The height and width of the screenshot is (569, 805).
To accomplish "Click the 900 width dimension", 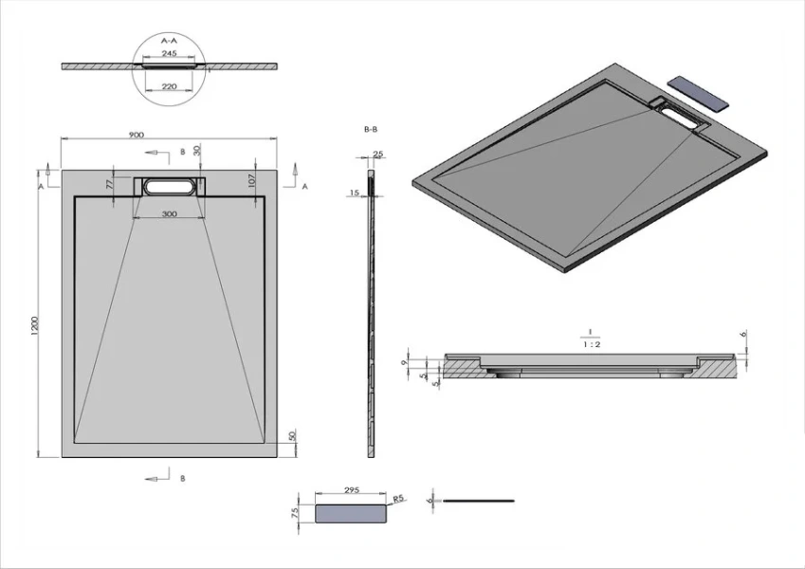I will [x=136, y=135].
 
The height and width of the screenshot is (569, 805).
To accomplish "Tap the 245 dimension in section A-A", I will [x=171, y=53].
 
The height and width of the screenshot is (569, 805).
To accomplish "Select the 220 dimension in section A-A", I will [x=171, y=85].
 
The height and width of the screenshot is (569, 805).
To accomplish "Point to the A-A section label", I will [x=170, y=41].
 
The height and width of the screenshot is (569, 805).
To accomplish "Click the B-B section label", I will [x=371, y=128].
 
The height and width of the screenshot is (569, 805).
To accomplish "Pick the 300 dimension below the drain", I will [x=170, y=214].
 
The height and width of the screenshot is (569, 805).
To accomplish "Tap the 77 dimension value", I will [x=111, y=182].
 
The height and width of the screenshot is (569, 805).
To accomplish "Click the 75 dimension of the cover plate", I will [x=295, y=512].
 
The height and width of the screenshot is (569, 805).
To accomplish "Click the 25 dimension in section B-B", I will [x=377, y=154].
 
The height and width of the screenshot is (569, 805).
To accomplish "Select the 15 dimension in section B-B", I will [x=355, y=193].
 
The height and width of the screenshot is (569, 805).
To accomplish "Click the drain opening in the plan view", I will [x=171, y=186].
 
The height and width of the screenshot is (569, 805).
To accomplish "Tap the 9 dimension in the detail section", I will [x=405, y=362].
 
